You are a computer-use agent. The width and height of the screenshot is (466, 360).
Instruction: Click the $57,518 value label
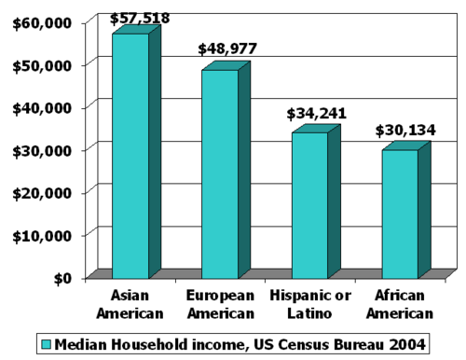(x=140, y=19)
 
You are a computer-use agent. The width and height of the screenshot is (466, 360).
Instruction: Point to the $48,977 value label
(x=227, y=48)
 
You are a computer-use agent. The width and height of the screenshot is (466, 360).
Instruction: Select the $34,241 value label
(x=316, y=114)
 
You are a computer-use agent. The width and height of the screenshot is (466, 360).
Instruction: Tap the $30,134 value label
(x=405, y=131)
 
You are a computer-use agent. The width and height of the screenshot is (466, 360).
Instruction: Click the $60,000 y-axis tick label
(x=42, y=23)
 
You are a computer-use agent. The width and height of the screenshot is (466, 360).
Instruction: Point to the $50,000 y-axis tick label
(x=42, y=66)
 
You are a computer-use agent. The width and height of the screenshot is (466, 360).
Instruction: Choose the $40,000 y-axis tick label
(x=42, y=108)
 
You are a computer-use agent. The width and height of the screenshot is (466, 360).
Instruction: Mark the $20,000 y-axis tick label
(x=42, y=193)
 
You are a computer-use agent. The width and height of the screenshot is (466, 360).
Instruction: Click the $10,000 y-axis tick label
(x=42, y=236)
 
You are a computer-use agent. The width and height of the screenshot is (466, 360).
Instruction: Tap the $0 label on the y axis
(x=62, y=279)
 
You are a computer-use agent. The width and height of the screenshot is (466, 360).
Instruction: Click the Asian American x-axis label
(x=130, y=304)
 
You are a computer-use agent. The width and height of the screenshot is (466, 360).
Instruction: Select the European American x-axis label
(x=221, y=304)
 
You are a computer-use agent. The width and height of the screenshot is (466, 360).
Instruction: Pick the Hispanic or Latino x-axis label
(x=310, y=304)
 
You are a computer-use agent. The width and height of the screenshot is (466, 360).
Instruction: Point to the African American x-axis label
(x=400, y=304)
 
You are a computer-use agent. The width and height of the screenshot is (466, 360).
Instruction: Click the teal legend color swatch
(x=47, y=344)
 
